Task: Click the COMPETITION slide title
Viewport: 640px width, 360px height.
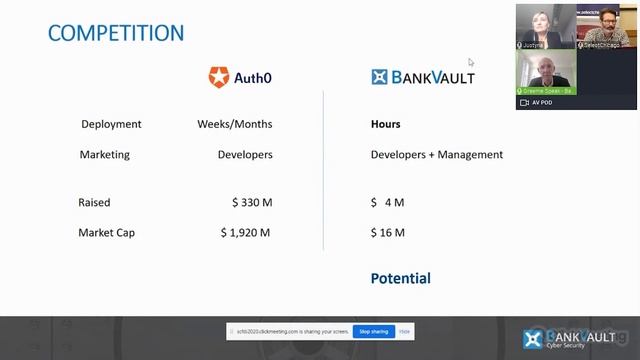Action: pos(116,32)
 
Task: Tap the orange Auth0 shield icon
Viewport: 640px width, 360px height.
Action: pos(218,76)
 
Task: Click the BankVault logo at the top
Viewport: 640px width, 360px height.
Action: pos(422,76)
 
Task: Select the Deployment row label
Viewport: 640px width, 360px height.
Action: pos(111,125)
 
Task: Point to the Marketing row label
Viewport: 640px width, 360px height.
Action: pos(104,155)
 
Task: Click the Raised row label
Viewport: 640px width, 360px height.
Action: pos(94,203)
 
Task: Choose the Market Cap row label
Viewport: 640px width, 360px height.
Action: pos(106,233)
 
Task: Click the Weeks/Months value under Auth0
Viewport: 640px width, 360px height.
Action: pos(235,125)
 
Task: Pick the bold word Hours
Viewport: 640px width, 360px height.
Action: pos(385,125)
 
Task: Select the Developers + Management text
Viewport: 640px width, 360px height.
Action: pos(437,155)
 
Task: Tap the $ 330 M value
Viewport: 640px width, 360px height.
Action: pos(252,203)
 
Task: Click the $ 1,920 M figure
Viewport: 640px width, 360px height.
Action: pos(246,233)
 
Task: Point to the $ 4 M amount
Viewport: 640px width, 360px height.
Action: pos(387,203)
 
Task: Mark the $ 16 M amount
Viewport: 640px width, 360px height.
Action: pos(387,233)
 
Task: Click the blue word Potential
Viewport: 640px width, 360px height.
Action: pos(400,278)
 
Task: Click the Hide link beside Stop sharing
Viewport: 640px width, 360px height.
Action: pos(404,331)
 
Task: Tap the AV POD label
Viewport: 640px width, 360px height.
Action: pos(541,102)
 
